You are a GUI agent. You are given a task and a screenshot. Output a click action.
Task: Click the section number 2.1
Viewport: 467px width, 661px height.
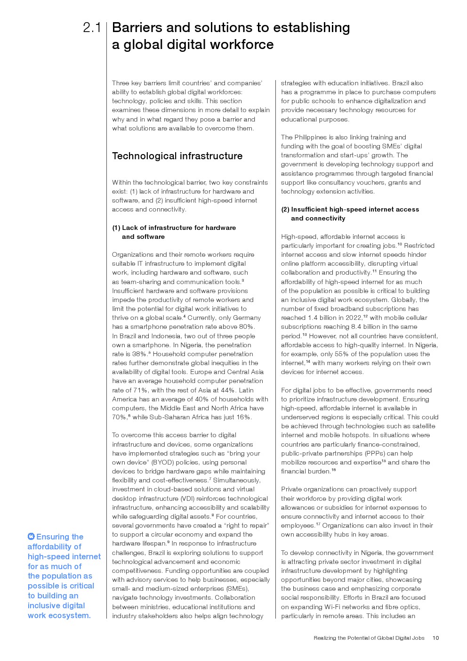pos(92,28)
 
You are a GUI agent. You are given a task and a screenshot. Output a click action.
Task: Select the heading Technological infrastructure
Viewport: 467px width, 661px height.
pos(177,156)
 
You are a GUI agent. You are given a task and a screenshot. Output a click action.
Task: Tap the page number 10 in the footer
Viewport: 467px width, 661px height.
pos(435,638)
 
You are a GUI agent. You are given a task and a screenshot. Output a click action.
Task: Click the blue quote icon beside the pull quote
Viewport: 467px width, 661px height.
pos(31,536)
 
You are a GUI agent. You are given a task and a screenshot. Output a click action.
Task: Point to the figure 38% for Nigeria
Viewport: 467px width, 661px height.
pos(139,354)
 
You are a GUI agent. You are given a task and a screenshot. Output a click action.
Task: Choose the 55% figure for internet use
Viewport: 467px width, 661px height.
pos(328,354)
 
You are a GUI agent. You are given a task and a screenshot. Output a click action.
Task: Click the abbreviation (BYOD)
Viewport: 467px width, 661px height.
pos(162,463)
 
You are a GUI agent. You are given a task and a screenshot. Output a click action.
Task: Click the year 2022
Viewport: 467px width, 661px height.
pos(354,318)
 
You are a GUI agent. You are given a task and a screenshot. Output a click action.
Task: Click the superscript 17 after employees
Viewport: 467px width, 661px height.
pos(318,524)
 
